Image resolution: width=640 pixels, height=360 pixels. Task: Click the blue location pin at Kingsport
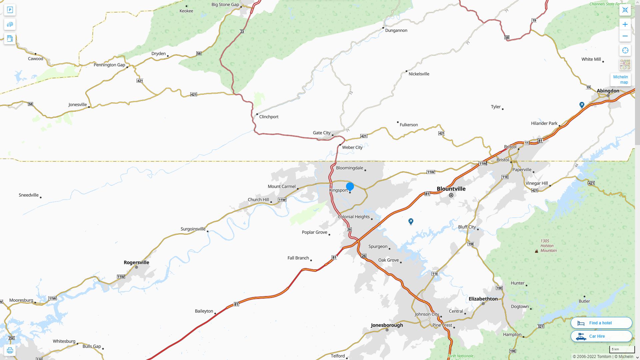[x=350, y=187]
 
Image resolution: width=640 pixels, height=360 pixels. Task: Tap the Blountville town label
[x=451, y=189]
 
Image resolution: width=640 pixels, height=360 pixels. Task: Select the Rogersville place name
[x=136, y=262]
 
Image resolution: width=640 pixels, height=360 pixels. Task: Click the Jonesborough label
[x=387, y=325]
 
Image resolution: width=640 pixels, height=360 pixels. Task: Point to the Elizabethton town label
[x=483, y=299]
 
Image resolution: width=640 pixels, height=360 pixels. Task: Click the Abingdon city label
[x=608, y=91]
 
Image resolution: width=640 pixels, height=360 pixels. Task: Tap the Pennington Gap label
[x=109, y=65]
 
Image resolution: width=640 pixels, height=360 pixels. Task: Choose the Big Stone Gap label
[x=225, y=5]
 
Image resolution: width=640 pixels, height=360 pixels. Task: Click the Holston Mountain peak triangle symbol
[x=536, y=251]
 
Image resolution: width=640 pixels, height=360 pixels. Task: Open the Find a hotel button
[x=601, y=323]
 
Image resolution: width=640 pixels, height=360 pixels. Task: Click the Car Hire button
[x=601, y=336]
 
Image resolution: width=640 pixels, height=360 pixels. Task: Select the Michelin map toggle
[x=620, y=80]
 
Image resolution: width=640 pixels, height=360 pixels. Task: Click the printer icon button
[x=10, y=350]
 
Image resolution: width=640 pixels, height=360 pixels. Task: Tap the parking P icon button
[x=10, y=10]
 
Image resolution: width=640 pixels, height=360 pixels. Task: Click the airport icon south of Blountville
[x=411, y=221]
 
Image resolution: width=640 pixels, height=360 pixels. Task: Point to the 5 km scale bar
[x=622, y=349]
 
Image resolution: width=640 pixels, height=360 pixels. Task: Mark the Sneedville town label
[x=29, y=195]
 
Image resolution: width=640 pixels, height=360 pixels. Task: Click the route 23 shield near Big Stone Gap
[x=242, y=32]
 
